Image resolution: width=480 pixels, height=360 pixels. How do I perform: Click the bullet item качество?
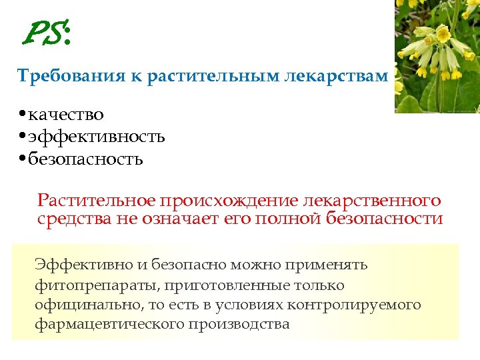tap(66, 115)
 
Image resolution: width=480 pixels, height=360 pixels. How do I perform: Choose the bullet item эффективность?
tap(97, 137)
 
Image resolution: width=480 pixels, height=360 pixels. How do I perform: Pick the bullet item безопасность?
tap(85, 159)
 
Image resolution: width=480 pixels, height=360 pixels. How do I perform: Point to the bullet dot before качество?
tap(23, 115)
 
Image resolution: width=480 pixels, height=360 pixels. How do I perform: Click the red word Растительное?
tap(96, 201)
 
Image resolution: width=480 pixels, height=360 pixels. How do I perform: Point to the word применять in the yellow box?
tap(327, 265)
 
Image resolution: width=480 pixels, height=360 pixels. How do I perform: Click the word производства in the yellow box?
tap(239, 325)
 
